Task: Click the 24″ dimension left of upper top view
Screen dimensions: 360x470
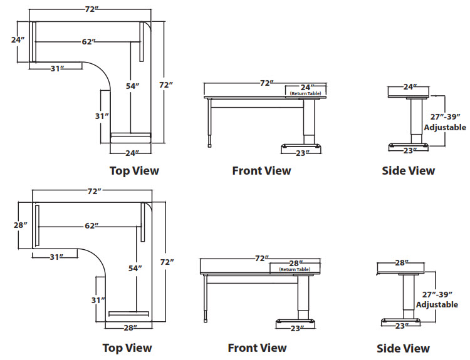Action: (17, 39)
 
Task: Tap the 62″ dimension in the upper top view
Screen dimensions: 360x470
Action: (88, 42)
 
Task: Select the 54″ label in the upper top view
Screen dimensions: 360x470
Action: (132, 86)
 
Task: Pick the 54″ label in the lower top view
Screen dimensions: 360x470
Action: (135, 268)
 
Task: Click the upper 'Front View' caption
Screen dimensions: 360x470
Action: (261, 170)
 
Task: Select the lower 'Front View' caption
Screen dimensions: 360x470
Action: (257, 348)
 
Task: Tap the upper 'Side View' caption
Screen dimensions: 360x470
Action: (408, 170)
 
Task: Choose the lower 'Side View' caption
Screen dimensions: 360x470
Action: (403, 349)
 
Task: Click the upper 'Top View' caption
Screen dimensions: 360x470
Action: (134, 170)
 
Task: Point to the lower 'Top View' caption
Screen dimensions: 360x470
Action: (127, 348)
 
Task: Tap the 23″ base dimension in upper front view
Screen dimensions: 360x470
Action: (301, 152)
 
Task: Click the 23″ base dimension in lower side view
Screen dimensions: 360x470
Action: (402, 326)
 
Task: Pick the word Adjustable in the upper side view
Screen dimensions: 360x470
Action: (445, 127)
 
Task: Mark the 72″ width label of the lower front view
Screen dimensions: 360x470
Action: (261, 258)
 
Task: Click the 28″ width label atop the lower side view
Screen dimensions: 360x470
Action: (402, 262)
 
